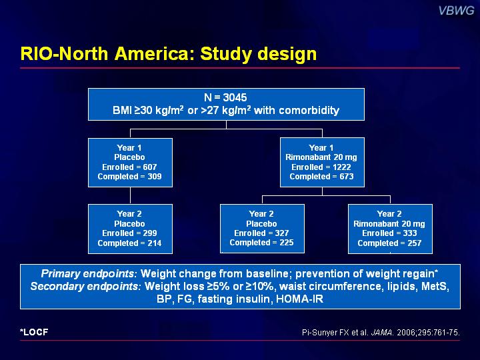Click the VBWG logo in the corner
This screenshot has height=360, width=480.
tap(456, 11)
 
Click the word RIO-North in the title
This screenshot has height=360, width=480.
tap(64, 53)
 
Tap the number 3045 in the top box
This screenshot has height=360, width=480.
tap(235, 97)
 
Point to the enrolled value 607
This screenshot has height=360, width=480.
tap(150, 167)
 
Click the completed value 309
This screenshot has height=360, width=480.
tap(154, 177)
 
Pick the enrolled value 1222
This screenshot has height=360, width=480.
tap(341, 167)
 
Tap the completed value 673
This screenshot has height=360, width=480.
tap(347, 177)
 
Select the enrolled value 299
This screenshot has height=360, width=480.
tap(150, 233)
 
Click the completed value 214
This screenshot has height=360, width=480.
tap(154, 243)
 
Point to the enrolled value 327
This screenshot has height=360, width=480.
tap(281, 233)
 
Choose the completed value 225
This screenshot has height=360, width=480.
tap(286, 243)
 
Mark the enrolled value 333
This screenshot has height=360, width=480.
tap(409, 233)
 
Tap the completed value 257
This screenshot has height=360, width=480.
tap(414, 243)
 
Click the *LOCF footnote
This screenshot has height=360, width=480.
tap(34, 332)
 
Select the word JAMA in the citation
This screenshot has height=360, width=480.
tap(382, 333)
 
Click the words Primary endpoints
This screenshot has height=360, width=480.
tap(87, 273)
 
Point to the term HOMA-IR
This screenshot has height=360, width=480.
tap(299, 299)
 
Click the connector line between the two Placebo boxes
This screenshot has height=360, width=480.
tap(131, 195)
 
